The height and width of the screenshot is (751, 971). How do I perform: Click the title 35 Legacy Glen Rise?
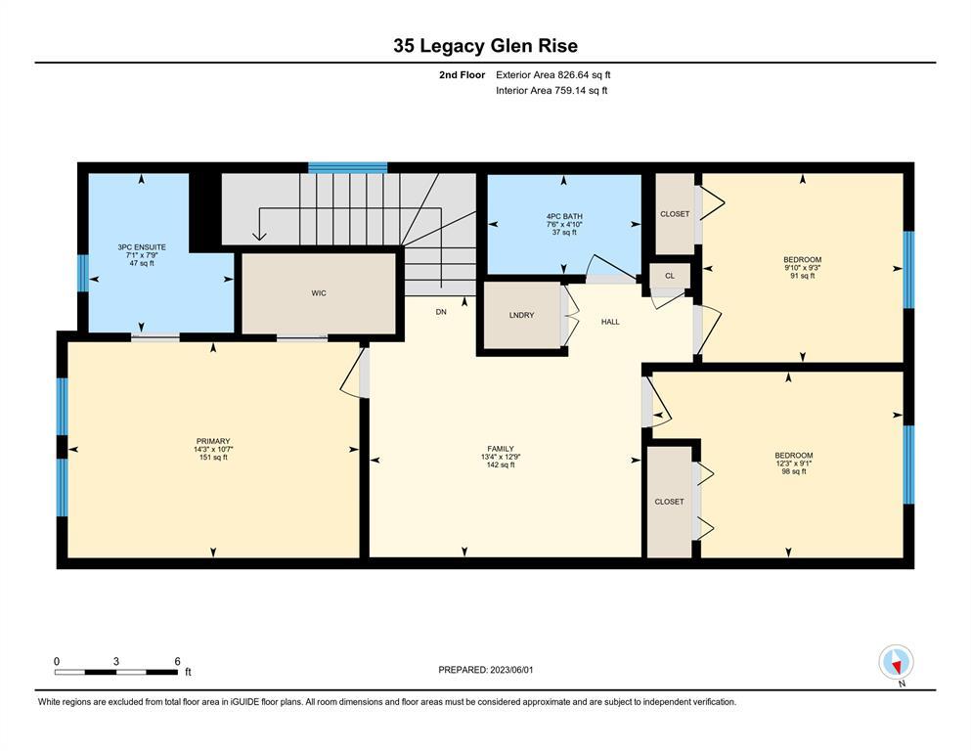tap(485, 46)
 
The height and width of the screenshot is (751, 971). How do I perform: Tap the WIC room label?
tap(319, 292)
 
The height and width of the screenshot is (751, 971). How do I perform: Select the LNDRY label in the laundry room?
tap(521, 315)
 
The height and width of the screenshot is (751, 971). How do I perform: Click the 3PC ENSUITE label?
tap(142, 247)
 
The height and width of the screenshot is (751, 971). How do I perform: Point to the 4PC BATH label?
tap(564, 216)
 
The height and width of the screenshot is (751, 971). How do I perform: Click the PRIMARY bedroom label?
tap(213, 441)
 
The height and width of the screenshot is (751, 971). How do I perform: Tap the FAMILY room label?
tap(501, 449)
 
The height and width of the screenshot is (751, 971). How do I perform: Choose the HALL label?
tap(610, 322)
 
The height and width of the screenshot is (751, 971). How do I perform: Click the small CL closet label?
tap(670, 276)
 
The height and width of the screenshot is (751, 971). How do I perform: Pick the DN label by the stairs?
tap(441, 312)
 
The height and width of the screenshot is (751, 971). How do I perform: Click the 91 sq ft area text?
tap(803, 276)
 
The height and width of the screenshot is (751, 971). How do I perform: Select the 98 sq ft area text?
tap(794, 471)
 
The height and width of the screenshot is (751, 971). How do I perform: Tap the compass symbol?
tap(896, 663)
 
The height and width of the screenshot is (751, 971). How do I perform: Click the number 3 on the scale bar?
tap(115, 661)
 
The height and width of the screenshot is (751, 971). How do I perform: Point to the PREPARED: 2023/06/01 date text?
tap(485, 670)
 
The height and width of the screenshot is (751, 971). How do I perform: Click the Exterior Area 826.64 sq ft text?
tap(553, 75)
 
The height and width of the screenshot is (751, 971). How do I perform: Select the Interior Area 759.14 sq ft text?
tap(552, 90)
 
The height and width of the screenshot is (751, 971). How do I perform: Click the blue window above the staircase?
tap(347, 168)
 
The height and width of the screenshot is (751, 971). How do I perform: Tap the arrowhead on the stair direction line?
tap(259, 236)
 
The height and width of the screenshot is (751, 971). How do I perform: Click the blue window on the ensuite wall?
tap(82, 273)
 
